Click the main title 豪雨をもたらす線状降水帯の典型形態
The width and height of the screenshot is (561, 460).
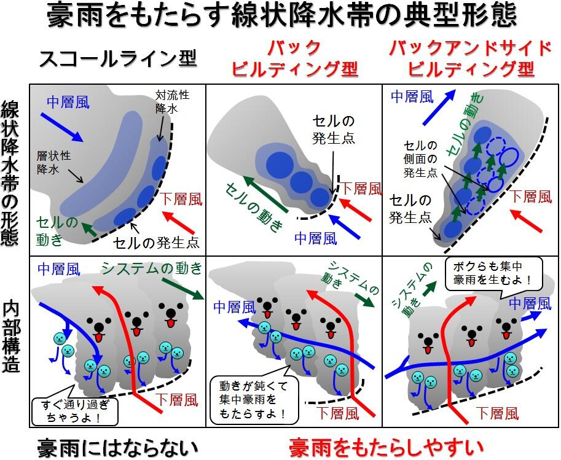point(280,17)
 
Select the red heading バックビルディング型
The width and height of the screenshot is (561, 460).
point(294,58)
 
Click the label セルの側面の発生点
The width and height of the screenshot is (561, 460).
point(420,159)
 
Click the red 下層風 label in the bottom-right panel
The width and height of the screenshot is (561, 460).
point(498,413)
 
